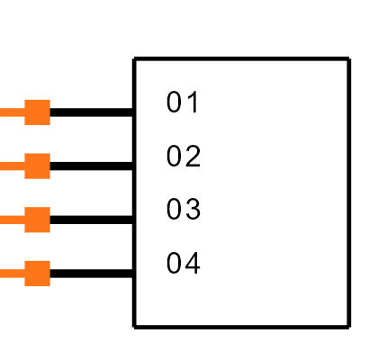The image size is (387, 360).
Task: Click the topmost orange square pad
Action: (x=37, y=112)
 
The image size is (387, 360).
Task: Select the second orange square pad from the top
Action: (x=37, y=166)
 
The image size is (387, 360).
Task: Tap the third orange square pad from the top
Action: (x=37, y=220)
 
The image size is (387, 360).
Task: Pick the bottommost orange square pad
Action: (x=37, y=274)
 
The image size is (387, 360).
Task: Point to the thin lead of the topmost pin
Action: (x=12, y=112)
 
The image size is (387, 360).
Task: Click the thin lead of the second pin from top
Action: (x=12, y=166)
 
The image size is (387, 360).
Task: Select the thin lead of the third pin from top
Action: (x=12, y=220)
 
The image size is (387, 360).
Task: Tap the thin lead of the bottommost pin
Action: (x=12, y=274)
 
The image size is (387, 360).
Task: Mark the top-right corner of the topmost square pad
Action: (x=49, y=100)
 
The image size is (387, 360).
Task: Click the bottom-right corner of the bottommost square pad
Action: (x=49, y=286)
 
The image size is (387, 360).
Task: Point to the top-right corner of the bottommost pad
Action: (x=49, y=261)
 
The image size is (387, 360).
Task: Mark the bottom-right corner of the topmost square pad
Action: (x=49, y=125)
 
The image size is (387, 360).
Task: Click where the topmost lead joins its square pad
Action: (x=24, y=112)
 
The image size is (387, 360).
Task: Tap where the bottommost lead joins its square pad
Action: (x=24, y=274)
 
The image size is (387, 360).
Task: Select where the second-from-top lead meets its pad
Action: (x=24, y=166)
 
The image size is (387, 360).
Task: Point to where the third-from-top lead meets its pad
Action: (x=24, y=220)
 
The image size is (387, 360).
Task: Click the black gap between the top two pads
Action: (x=37, y=139)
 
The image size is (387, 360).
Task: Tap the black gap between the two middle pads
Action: (x=37, y=193)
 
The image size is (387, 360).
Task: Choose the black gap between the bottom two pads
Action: (x=37, y=247)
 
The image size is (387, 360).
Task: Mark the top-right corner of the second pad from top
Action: (x=49, y=154)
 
